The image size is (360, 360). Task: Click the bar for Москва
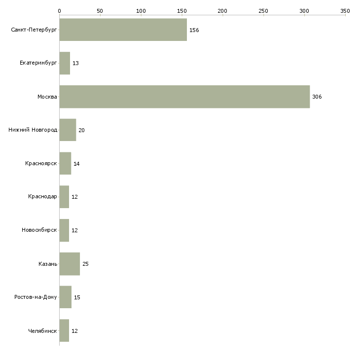click(x=184, y=97)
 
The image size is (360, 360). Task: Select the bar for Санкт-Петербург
click(x=123, y=30)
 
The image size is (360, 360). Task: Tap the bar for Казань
click(x=70, y=264)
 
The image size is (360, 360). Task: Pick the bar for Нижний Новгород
click(x=68, y=130)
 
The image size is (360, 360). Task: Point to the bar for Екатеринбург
click(x=65, y=63)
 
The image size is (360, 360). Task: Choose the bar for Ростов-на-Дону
click(x=65, y=297)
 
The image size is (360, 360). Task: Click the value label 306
click(x=317, y=97)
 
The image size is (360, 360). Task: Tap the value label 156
click(x=194, y=30)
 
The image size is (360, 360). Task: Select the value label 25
click(x=85, y=264)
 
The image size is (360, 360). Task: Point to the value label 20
click(x=81, y=130)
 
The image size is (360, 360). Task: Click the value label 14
click(x=76, y=164)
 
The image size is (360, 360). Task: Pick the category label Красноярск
click(x=41, y=164)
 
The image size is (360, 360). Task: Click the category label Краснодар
click(x=42, y=197)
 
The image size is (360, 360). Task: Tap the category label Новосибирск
click(x=39, y=230)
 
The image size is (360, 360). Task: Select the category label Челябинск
click(x=42, y=331)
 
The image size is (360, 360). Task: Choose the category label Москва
click(x=47, y=97)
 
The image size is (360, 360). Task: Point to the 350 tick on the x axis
click(x=345, y=10)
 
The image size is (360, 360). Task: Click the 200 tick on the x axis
click(x=223, y=10)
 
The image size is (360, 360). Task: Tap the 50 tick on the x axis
click(x=100, y=10)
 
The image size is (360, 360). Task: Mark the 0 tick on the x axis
click(x=59, y=10)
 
